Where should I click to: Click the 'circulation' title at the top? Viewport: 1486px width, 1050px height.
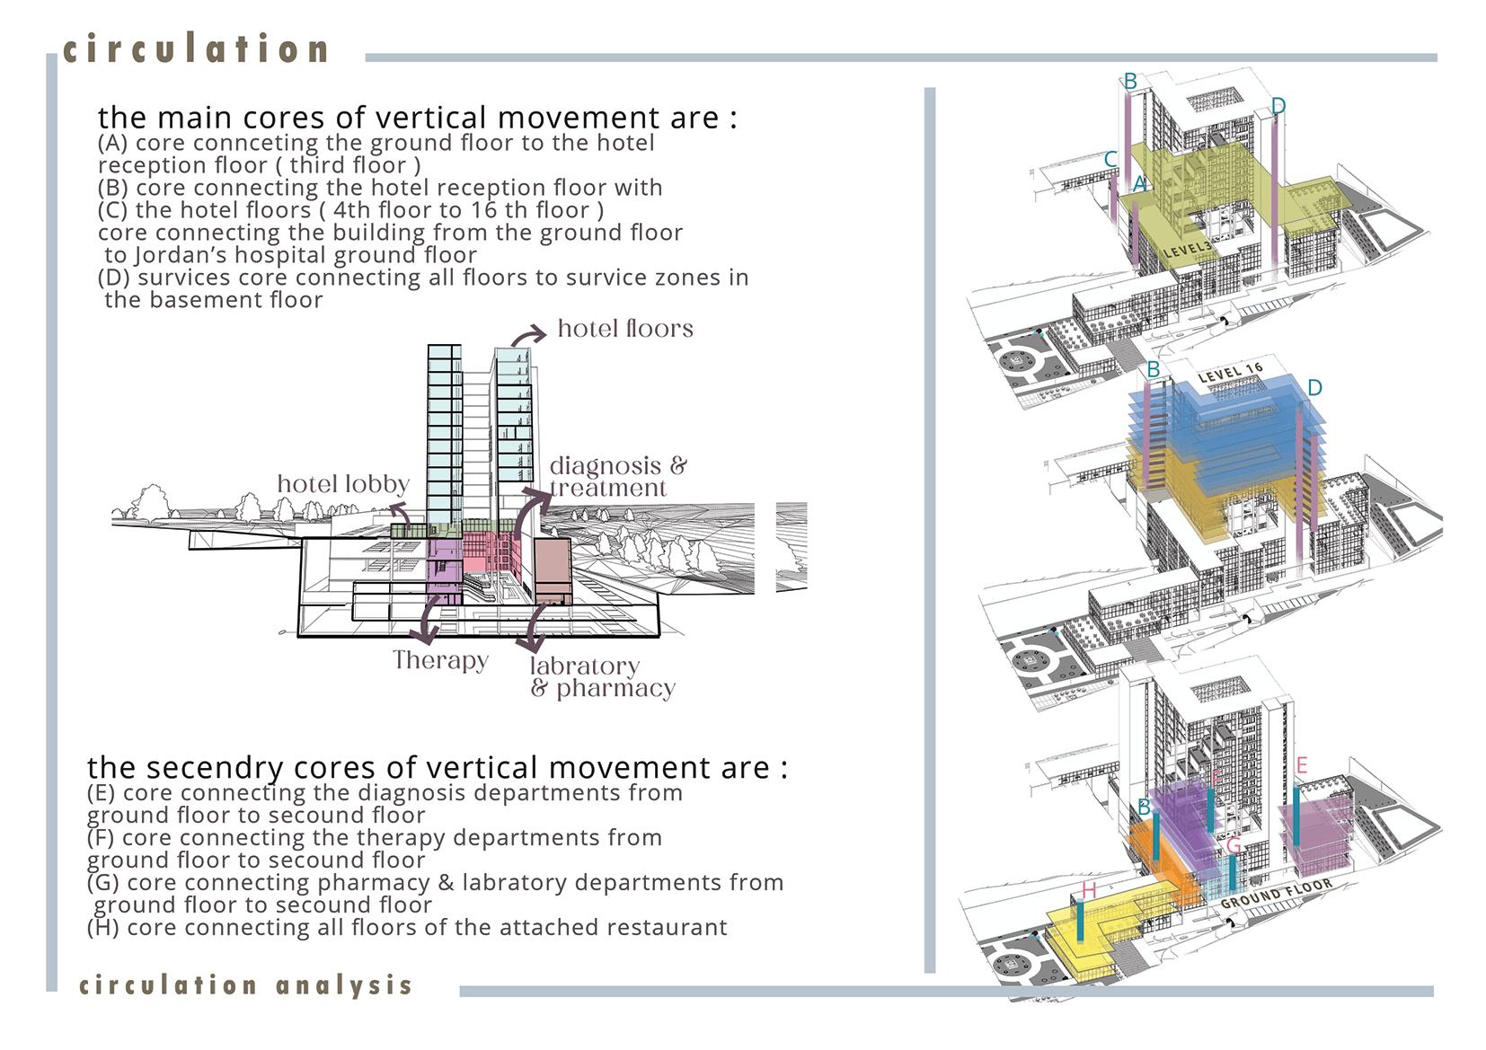(197, 49)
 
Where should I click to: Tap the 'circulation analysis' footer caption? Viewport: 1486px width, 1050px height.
(245, 985)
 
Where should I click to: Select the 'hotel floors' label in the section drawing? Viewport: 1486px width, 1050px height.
(625, 329)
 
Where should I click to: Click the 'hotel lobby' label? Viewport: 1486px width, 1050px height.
(343, 484)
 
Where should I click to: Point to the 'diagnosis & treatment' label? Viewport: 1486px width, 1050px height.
(617, 477)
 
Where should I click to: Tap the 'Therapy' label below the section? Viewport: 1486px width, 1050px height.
(440, 660)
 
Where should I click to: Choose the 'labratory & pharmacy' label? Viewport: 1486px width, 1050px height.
(602, 677)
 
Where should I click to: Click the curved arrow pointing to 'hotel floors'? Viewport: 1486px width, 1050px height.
(527, 335)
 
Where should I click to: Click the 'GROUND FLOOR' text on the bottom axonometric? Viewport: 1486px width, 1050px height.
(1276, 895)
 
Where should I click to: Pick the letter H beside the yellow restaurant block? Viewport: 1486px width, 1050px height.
(1089, 890)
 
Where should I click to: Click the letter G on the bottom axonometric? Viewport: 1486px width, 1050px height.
(1234, 846)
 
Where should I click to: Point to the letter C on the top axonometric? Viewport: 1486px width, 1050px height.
(1110, 160)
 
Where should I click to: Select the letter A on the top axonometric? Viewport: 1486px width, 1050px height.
(1139, 184)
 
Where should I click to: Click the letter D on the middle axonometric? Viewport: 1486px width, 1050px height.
(1314, 388)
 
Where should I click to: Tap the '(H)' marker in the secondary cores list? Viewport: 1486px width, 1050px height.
(103, 927)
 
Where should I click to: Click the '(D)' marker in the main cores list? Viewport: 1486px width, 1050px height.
(114, 278)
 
